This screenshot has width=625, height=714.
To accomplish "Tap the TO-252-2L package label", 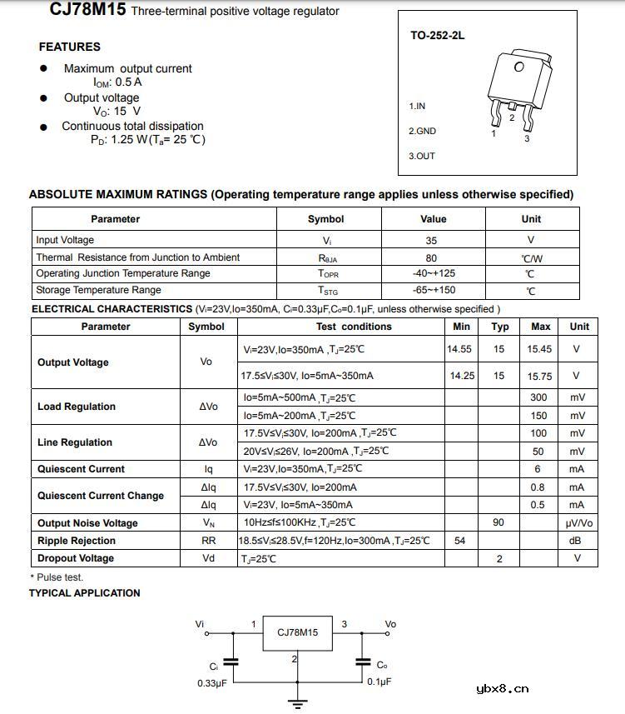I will coord(438,36).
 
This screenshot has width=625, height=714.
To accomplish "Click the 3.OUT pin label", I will coord(422,156).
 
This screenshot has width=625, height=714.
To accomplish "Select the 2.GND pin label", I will coord(422,131).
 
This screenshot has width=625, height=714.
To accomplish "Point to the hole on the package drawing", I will coord(519,67).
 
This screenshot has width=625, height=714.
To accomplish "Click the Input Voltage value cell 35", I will coord(431,240).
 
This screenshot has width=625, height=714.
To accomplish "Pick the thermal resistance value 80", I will coord(431,257).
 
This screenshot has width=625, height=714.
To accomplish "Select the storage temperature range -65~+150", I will coord(434,290).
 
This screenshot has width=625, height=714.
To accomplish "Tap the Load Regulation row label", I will coord(77,407).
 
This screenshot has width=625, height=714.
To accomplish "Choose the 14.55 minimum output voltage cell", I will coord(459,349).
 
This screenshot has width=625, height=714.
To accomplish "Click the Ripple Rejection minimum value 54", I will coord(459,541).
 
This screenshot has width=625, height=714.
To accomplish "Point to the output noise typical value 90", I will coord(499,522).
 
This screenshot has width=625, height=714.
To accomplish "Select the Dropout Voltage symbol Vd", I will coord(208,558).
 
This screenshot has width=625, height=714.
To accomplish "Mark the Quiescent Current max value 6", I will coord(538,469).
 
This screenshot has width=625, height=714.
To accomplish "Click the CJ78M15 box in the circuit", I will coord(297,633).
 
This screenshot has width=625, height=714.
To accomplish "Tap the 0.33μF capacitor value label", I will coord(212,683).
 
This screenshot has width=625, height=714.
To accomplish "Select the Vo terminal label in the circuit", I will coord(390,624).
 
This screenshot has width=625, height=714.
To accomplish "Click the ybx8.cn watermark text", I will coord(502,689).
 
